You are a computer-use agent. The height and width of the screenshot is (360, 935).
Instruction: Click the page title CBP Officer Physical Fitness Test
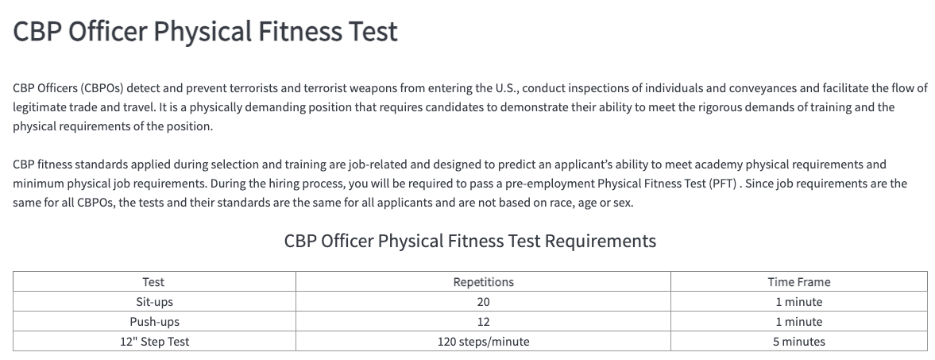point(205,32)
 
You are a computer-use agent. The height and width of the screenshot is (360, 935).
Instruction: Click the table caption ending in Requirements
point(470,242)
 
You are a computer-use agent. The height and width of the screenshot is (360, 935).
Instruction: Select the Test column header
point(153,282)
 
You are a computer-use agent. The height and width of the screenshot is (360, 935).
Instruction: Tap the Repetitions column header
point(483,282)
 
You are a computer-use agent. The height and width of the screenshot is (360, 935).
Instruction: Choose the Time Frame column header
point(799,282)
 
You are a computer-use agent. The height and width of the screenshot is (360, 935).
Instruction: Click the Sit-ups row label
point(154,302)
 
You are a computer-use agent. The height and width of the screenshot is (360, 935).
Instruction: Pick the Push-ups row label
point(154,322)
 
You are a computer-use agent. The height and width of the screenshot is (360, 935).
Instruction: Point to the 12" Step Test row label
point(154,342)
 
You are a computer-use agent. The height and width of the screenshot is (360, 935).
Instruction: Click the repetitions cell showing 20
point(483,302)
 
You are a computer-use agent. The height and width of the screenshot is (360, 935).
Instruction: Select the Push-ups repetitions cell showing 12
point(483,322)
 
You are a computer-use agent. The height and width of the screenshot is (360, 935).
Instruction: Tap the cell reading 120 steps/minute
point(483,342)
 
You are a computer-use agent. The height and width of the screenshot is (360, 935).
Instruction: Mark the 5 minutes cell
point(799,342)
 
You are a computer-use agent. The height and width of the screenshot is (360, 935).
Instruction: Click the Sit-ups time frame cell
point(799,302)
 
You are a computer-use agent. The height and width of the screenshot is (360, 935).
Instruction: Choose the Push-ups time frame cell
point(799,322)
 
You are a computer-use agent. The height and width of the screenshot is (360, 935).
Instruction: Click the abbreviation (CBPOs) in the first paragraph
point(102,88)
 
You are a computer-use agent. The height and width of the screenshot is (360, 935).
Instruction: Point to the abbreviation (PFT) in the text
point(723,184)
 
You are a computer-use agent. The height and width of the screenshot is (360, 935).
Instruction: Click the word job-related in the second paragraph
point(378,165)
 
